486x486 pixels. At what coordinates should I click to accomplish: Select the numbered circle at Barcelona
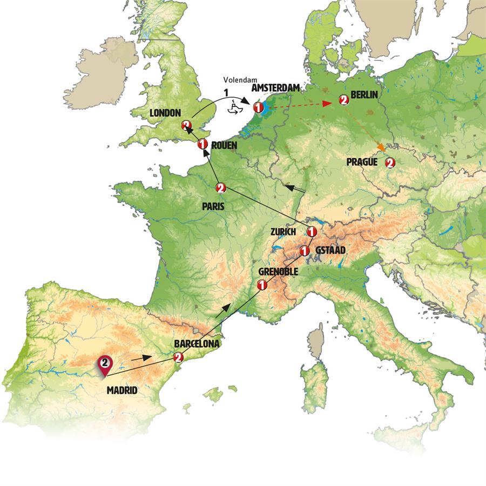178,357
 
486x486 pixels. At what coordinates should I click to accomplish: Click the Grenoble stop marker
262,285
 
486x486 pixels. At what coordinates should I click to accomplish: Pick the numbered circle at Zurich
311,232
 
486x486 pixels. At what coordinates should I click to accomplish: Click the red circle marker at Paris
220,188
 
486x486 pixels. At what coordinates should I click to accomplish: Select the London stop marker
187,125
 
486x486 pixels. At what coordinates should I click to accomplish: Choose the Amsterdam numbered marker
258,108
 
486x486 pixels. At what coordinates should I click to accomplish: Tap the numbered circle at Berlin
342,100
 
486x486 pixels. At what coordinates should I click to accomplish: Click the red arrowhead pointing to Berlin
328,104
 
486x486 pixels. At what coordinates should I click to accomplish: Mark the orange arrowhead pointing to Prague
382,147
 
